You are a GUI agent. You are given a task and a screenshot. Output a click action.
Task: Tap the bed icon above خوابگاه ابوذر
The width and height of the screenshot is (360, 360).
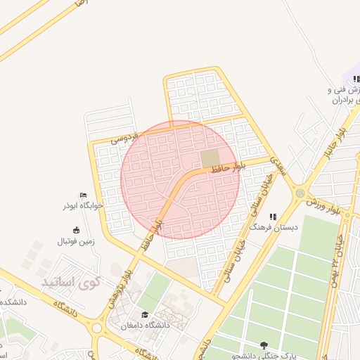(x=83, y=195)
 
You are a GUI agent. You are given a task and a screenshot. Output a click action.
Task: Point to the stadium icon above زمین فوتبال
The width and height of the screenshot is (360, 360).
(x=76, y=230)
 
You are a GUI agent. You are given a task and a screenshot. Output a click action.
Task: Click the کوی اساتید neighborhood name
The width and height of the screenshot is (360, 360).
(x=71, y=283)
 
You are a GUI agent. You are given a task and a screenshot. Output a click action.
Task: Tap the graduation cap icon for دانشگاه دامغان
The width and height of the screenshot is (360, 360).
(x=145, y=314)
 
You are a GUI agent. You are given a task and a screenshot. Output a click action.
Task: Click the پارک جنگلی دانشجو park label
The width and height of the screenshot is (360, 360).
(x=264, y=356)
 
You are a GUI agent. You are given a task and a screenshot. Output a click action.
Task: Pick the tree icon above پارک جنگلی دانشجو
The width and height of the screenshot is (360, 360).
(x=264, y=345)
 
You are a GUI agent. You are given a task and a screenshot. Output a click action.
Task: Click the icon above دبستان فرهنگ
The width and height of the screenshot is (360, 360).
(x=273, y=217)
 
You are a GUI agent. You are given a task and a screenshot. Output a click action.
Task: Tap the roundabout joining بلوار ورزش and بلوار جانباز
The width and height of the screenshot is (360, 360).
(x=300, y=192)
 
